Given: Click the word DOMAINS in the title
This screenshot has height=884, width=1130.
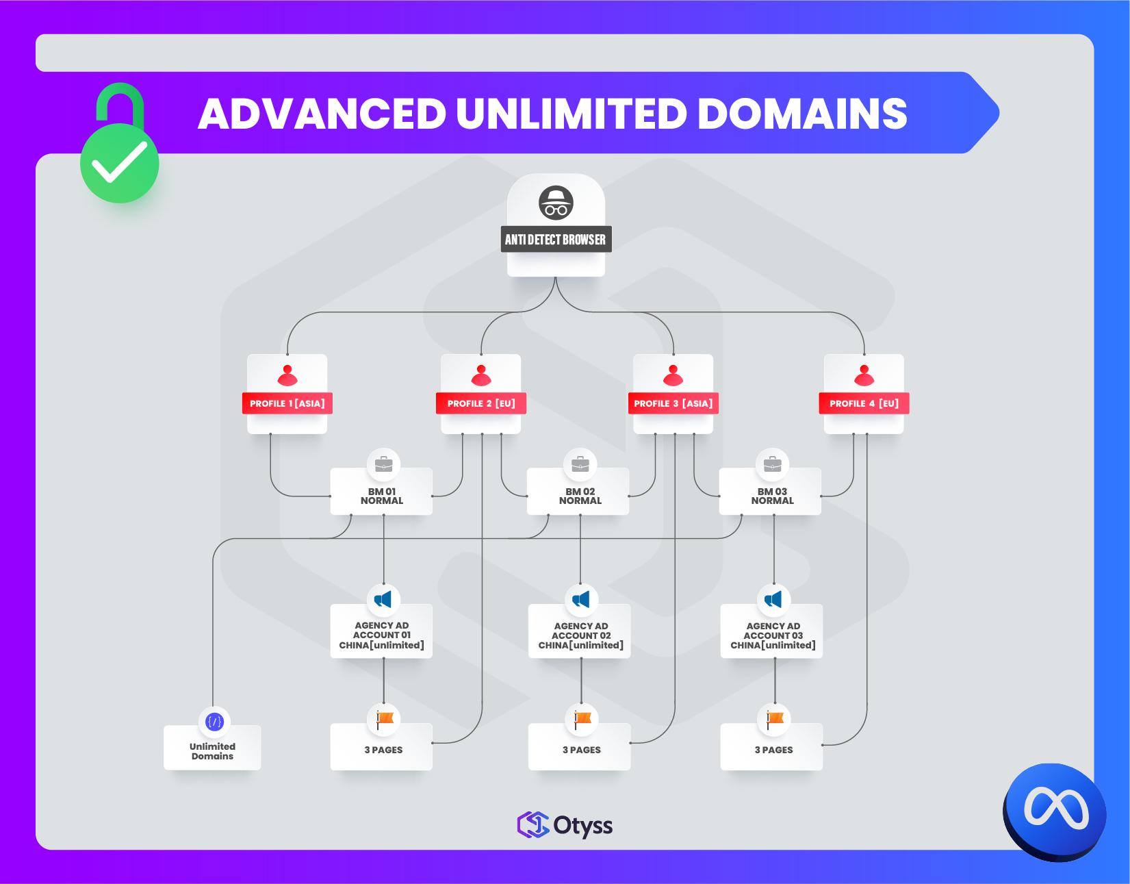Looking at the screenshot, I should pos(802,113).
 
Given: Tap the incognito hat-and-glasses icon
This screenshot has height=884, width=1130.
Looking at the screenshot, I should pos(556,203).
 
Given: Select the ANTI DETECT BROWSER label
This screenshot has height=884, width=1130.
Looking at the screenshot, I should pos(556,240).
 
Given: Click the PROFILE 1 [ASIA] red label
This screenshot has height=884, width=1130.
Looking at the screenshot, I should pos(287,403).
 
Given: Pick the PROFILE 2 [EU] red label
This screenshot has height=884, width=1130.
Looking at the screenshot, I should pos(481,403).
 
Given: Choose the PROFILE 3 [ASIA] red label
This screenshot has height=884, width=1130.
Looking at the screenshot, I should pos(673,403).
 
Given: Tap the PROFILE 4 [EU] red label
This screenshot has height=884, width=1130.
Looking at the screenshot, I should pos(864,403).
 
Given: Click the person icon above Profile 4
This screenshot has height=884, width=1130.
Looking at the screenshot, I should pos(864,376).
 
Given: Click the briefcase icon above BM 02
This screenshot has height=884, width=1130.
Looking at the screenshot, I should pos(580,465).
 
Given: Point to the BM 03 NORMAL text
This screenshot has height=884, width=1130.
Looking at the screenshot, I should pos(772,496).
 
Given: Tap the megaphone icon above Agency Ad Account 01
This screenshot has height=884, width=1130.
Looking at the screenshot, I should pos(383,599).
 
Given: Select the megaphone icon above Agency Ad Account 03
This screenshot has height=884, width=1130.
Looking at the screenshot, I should pos(773,599).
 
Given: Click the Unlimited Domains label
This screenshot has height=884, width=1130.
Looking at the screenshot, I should pos(212,751).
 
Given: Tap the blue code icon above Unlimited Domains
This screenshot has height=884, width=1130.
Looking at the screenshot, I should pos(214,722).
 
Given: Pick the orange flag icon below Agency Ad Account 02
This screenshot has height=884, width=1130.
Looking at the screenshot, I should pos(582,718).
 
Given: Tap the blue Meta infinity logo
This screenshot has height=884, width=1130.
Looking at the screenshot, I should pos(1055,810).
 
